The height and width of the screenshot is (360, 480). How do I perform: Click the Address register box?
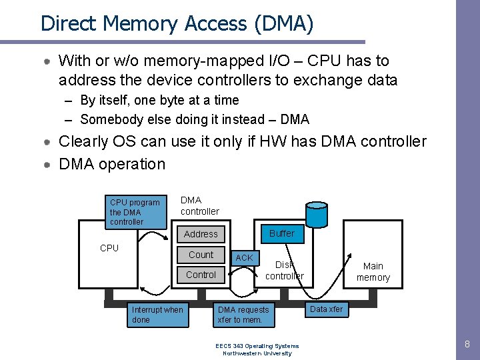click(x=201, y=234)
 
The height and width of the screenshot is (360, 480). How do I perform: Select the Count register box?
click(x=201, y=255)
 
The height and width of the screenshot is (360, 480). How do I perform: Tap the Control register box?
click(x=201, y=275)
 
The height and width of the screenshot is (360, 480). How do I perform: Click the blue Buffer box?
click(x=282, y=234)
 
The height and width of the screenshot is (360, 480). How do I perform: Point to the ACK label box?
click(x=245, y=258)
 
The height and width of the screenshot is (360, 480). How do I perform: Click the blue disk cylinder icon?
click(x=317, y=214)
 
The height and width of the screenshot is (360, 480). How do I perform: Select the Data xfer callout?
click(x=327, y=309)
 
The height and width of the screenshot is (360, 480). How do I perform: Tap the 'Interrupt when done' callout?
click(x=157, y=315)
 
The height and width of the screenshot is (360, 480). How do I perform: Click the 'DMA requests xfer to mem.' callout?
click(x=244, y=315)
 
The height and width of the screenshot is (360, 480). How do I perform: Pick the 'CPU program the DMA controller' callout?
click(x=135, y=212)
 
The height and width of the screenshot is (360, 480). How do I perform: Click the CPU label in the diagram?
click(x=109, y=248)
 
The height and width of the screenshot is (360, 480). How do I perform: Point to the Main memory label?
click(x=373, y=271)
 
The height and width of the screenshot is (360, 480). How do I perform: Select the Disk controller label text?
click(x=285, y=270)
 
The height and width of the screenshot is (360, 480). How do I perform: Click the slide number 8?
click(x=467, y=344)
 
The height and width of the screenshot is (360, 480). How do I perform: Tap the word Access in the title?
click(x=215, y=23)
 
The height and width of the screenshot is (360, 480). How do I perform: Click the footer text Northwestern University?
click(x=257, y=353)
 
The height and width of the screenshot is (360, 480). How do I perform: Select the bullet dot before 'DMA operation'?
click(x=47, y=165)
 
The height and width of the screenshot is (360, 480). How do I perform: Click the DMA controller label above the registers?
click(x=199, y=206)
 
